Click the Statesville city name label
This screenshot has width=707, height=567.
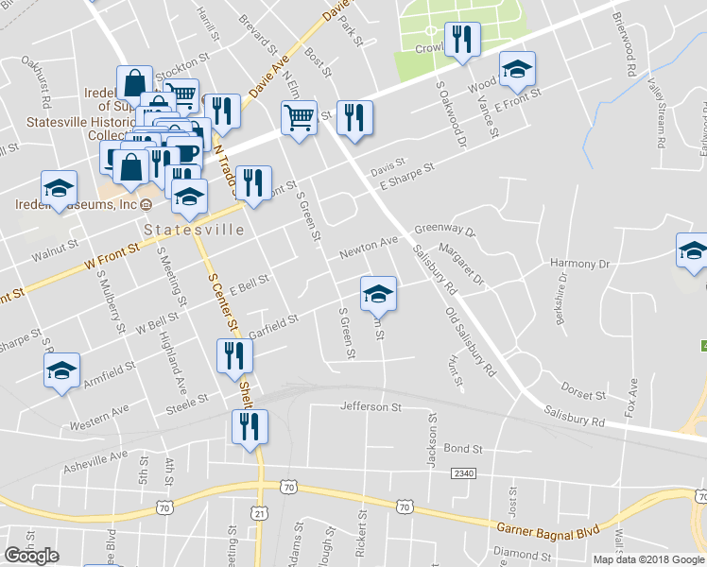tap(194, 230)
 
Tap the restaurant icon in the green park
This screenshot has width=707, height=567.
tap(462, 39)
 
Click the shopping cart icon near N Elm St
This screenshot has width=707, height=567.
tap(300, 118)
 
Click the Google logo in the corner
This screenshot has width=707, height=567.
tap(31, 556)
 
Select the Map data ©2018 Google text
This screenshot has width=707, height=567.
tap(648, 558)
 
